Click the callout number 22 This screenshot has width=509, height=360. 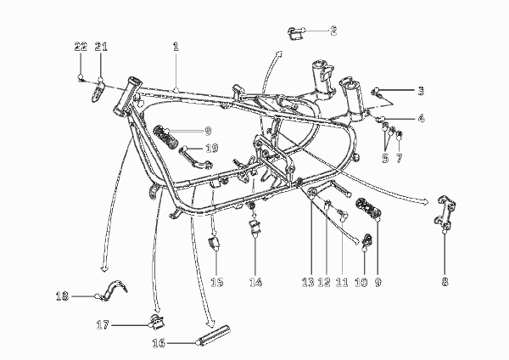tap(81, 47)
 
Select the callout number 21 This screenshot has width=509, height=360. tap(101, 47)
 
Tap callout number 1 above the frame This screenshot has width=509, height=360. tap(176, 47)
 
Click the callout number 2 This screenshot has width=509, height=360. tap(333, 31)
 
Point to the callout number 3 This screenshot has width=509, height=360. tap(421, 91)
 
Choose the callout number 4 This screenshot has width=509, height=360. tap(421, 118)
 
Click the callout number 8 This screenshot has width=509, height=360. tap(445, 281)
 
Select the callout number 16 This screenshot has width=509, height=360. tap(159, 343)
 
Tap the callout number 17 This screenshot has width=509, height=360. tap(103, 324)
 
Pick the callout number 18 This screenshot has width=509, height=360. tap(62, 296)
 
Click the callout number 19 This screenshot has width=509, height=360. tap(212, 149)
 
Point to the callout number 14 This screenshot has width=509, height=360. tap(255, 282)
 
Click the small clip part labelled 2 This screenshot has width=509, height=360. tap(294, 33)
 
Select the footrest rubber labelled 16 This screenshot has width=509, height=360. tap(214, 336)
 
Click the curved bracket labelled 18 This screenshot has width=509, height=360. tap(112, 290)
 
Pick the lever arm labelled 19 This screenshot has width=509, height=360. tap(196, 159)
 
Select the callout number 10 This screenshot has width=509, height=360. tap(361, 282)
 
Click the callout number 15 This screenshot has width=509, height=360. tap(217, 282)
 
